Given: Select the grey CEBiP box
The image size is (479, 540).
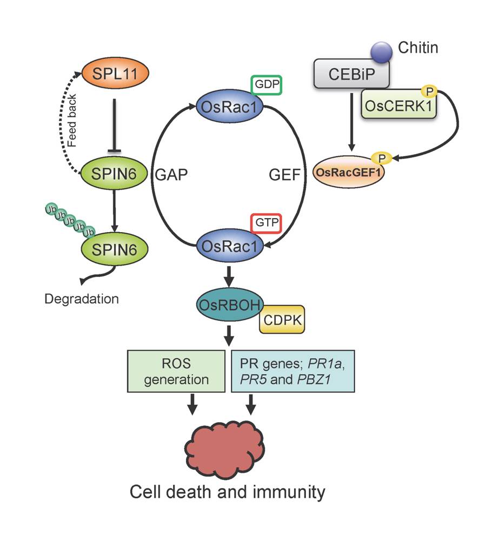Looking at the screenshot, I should point(350,74).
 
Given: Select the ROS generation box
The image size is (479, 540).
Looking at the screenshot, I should point(176,371).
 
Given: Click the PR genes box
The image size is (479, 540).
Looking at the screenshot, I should point(292,371).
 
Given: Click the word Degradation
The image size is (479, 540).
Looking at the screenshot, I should point(82,298).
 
